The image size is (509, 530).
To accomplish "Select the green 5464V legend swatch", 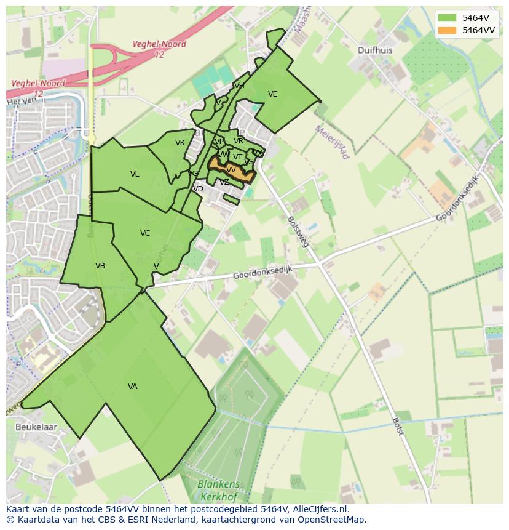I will tap(448, 18).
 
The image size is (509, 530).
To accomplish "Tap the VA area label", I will tap(133, 387).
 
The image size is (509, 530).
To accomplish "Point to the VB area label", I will tap(100, 266).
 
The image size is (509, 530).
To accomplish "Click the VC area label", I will tap(145, 233).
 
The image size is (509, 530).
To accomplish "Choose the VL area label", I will tap(135, 174).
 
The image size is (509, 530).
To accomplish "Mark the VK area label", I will tap(180, 143).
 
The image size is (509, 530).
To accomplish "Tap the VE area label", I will tap(273, 94).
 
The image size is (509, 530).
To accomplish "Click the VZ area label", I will tap(224, 182).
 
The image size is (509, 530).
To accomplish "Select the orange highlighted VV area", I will tap(231, 170).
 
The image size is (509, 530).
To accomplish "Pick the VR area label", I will tap(239, 141).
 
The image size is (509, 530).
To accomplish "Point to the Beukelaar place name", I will tap(36, 427).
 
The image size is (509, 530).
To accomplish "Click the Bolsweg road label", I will tap(298, 231).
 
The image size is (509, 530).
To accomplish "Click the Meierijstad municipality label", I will tap(332, 142).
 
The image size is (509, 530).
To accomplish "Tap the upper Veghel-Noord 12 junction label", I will tap(159, 49).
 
